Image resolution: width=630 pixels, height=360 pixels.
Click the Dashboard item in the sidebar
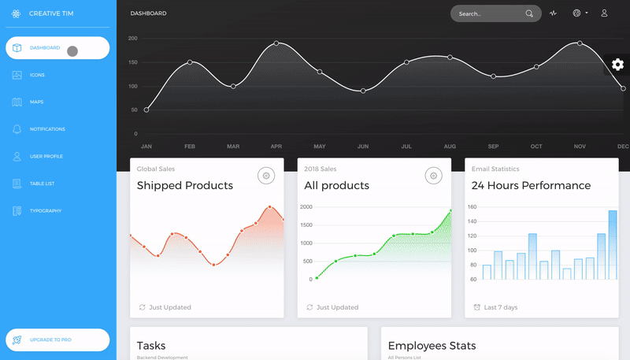(x=45, y=48)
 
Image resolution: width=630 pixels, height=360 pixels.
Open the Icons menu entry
(x=37, y=75)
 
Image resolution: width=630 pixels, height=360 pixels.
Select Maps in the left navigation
(x=36, y=102)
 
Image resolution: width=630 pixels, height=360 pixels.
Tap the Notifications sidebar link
(x=47, y=129)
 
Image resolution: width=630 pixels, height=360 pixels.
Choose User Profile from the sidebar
(x=46, y=157)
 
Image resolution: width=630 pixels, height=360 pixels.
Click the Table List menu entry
(x=43, y=184)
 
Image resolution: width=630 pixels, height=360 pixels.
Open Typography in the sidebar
(x=45, y=211)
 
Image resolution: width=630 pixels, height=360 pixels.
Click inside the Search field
(x=488, y=13)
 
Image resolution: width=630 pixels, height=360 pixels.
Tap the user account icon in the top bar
(x=604, y=13)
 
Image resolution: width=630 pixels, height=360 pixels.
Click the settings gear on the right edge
(x=617, y=65)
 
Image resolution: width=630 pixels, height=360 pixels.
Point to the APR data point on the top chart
(x=276, y=43)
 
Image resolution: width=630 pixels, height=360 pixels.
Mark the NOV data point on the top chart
(x=580, y=43)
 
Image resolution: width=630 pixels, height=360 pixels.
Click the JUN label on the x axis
(x=363, y=147)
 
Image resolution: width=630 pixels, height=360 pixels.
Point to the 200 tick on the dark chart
(x=132, y=39)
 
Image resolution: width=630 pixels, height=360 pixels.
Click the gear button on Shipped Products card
(x=267, y=176)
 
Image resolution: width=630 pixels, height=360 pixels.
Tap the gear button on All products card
(x=433, y=176)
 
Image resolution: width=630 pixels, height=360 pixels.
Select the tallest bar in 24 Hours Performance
(x=613, y=244)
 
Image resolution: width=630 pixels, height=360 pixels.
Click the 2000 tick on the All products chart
(x=306, y=207)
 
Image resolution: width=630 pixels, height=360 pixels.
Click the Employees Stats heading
(x=432, y=346)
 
